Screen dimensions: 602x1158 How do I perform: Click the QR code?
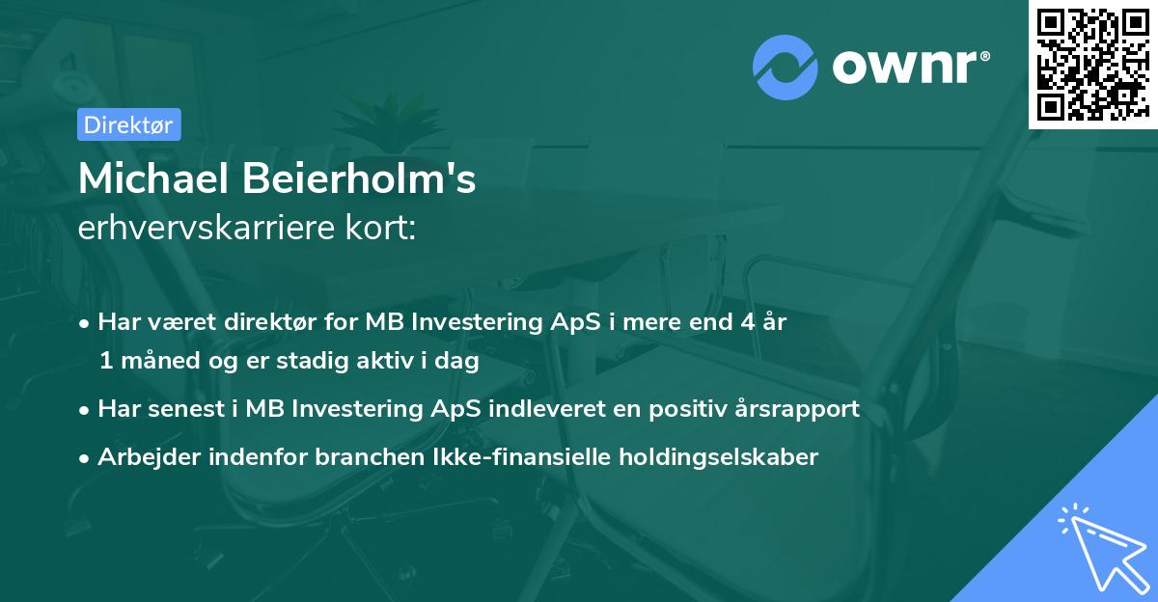pos(1092,65)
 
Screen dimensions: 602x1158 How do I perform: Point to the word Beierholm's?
pos(366,178)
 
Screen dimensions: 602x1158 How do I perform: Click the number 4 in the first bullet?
pos(747,322)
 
